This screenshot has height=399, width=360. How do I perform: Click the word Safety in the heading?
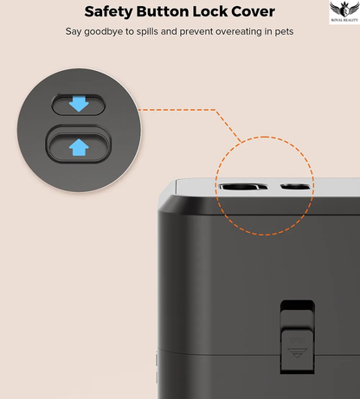click(108, 12)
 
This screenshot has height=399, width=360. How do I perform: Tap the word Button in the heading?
click(163, 11)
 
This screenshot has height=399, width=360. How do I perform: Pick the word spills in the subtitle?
click(147, 32)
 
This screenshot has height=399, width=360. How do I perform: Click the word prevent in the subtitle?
click(196, 32)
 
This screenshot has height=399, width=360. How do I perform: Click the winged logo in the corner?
click(344, 11)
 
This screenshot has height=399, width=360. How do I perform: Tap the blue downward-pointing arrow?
click(79, 104)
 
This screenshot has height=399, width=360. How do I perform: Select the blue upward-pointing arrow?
click(79, 147)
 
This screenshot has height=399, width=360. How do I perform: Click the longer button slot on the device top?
click(243, 187)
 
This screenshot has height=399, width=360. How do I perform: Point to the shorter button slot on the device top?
click(295, 187)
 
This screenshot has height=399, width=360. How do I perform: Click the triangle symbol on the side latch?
click(297, 352)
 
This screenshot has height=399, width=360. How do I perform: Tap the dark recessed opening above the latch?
click(297, 305)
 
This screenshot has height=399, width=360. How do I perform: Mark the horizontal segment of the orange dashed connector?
click(177, 110)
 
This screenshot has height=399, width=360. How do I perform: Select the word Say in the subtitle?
click(74, 32)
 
